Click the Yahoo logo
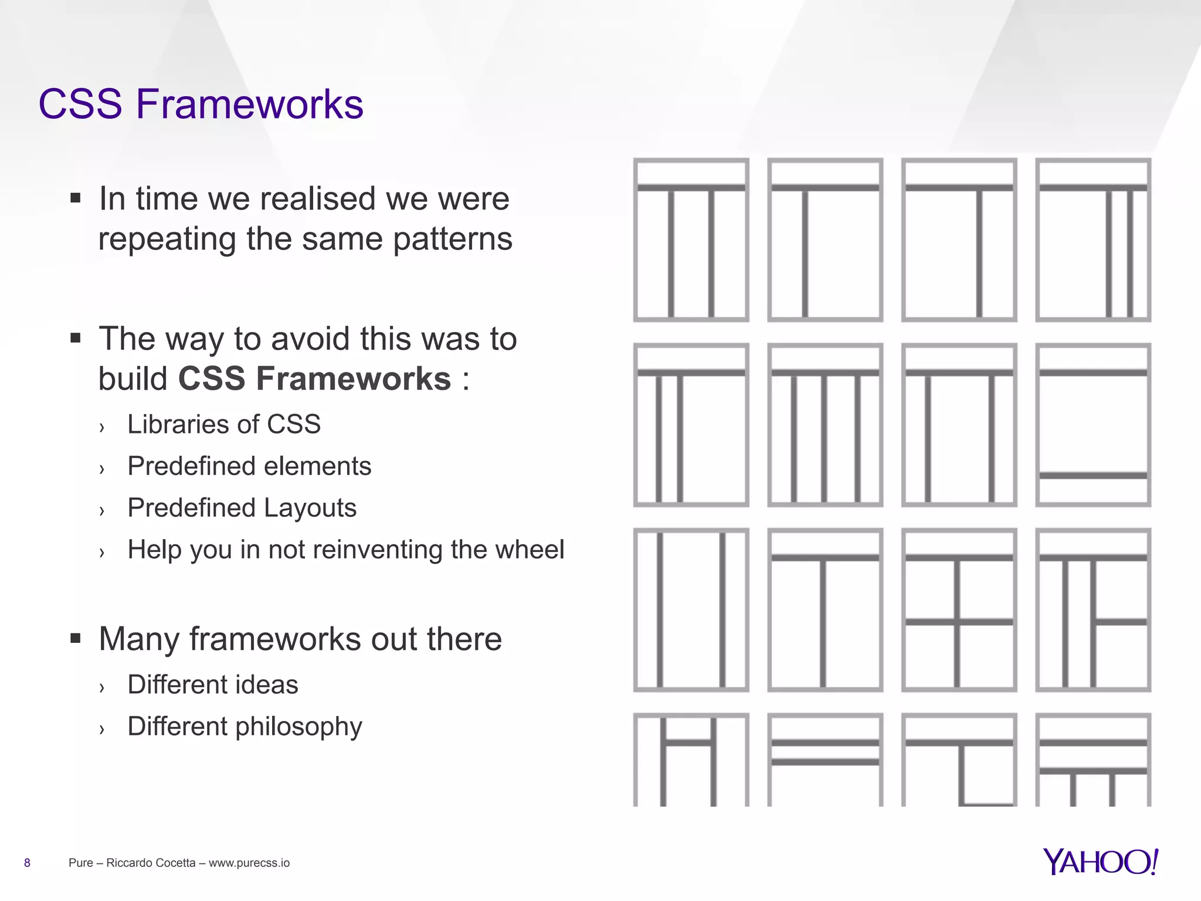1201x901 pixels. point(1100,862)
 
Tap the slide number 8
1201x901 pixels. point(27,863)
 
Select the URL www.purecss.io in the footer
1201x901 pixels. point(249,863)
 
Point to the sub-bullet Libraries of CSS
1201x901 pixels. point(224,424)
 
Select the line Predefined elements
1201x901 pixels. point(249,466)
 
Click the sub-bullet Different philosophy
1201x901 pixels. point(245,727)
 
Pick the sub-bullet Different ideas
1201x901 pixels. point(213,685)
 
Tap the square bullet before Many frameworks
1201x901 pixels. point(75,638)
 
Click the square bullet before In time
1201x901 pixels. point(75,198)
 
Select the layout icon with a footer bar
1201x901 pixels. point(1093,425)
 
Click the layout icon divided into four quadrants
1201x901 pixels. point(959,610)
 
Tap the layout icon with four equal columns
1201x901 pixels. point(825,425)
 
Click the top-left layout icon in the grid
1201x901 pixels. point(691,240)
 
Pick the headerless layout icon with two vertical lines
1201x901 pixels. point(691,610)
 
